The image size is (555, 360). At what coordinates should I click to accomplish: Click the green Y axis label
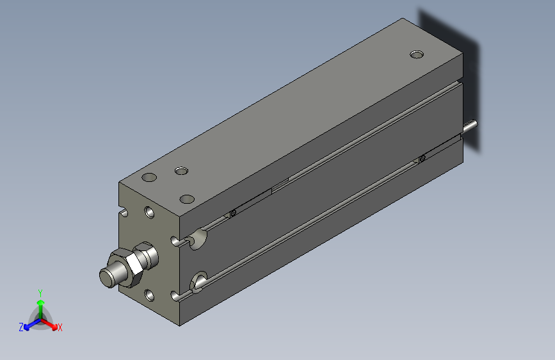coord(40,292)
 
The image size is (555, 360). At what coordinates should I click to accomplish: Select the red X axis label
coord(60,328)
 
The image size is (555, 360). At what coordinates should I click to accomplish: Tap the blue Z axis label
coord(21,327)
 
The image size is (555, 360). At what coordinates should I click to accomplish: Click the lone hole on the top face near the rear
coord(417,54)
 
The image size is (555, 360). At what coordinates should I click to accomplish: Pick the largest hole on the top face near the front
coord(149,177)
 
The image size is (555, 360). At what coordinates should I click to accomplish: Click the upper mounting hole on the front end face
coord(150,212)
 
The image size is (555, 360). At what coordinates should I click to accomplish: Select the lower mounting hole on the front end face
coord(150,295)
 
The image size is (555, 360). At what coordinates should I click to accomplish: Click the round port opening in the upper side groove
coord(199,238)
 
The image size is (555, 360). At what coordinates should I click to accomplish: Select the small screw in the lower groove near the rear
coord(422,158)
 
